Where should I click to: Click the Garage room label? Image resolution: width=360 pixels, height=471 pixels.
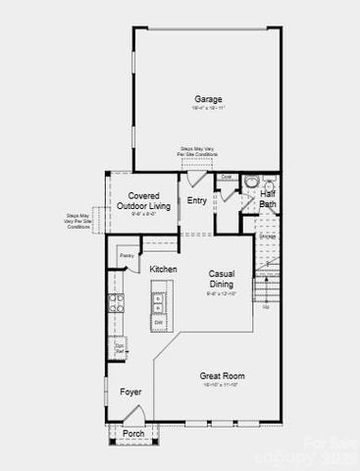tap(207, 99)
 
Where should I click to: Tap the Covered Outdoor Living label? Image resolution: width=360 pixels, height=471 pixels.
tap(143, 200)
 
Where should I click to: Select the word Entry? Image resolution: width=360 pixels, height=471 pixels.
tap(197, 201)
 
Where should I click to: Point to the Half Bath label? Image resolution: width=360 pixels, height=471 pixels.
tap(267, 199)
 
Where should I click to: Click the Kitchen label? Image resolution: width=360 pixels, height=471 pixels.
tap(164, 268)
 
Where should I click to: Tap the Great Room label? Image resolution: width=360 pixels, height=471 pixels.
tap(223, 376)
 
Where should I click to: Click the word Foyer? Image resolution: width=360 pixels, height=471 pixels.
tap(130, 392)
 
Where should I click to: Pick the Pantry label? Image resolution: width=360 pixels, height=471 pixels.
tap(127, 256)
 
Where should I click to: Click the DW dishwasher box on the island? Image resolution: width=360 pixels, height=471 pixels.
tap(158, 322)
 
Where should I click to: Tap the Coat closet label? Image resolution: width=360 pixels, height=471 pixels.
tap(225, 178)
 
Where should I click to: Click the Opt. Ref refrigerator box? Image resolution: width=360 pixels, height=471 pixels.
tap(120, 346)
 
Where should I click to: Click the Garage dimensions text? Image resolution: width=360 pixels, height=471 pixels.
tap(207, 109)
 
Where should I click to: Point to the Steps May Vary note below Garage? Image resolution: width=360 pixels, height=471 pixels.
tap(195, 151)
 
